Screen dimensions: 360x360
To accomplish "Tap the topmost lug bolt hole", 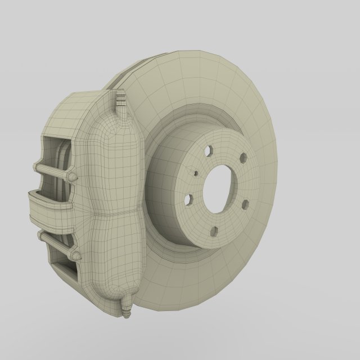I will click(209, 151).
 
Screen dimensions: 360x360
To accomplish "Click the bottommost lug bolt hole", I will click(214, 231).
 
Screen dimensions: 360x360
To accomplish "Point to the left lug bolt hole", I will click(189, 199).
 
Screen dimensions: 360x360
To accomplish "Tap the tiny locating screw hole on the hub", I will click(195, 174).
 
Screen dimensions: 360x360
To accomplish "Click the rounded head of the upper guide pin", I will click(71, 177).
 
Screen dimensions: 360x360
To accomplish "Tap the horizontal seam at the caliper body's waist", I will click(115, 215).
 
